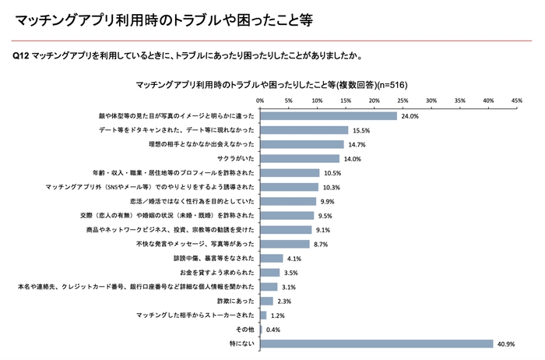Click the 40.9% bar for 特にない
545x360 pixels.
376,344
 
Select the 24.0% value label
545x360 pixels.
410,115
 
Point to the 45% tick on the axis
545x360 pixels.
517,101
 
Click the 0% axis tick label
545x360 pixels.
259,101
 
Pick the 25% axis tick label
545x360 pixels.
403,101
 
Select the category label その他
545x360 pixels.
244,330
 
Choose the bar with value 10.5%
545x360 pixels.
289,173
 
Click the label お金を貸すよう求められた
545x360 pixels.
218,273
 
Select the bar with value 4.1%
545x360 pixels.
271,259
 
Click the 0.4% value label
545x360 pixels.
273,330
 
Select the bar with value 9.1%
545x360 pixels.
285,230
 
